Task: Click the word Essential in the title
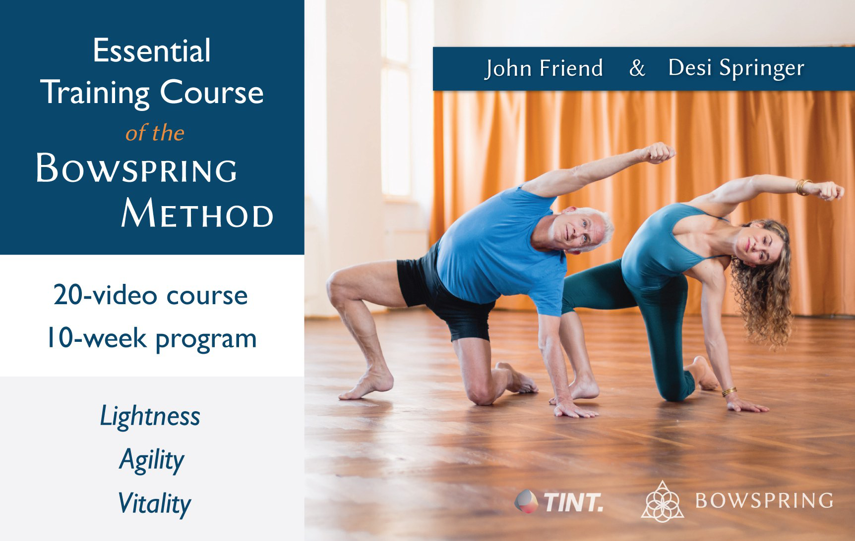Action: [152, 51]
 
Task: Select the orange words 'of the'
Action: [155, 133]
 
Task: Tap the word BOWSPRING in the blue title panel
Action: [137, 169]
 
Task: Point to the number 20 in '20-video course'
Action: [67, 295]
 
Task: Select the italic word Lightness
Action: [150, 416]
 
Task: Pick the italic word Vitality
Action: [154, 504]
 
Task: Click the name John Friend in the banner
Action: [544, 68]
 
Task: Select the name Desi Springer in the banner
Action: [736, 68]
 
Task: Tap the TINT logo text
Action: [574, 502]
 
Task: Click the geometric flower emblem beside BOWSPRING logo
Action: [663, 501]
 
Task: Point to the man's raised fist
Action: [660, 153]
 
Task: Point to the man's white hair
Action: [593, 221]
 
